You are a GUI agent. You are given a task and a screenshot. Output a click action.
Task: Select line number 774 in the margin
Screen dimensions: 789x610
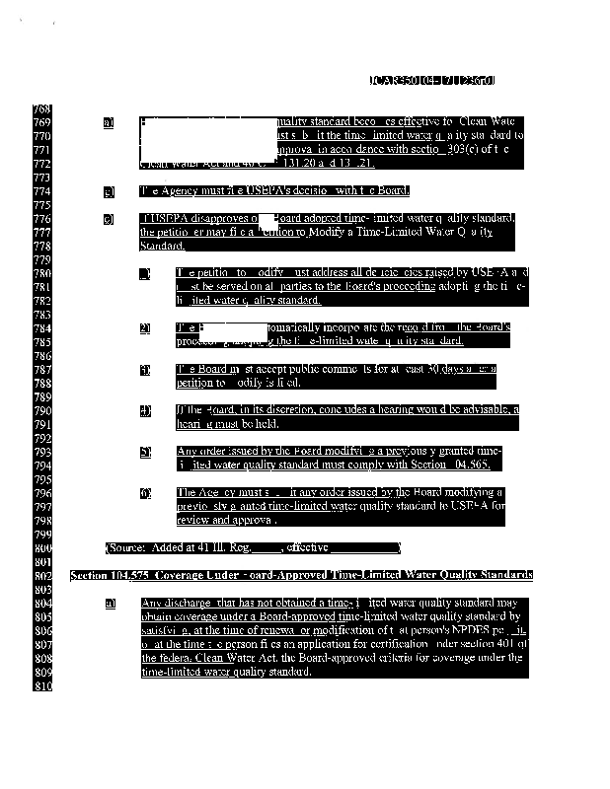[41, 190]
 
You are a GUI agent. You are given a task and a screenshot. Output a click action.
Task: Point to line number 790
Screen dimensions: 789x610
[41, 409]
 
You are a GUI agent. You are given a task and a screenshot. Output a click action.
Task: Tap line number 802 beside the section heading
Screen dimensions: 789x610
[41, 574]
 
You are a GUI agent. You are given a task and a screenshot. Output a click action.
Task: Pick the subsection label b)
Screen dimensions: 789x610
[109, 191]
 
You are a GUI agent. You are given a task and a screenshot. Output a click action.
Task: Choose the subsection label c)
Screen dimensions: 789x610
[109, 218]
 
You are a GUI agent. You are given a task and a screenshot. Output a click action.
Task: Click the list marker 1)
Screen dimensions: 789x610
[145, 273]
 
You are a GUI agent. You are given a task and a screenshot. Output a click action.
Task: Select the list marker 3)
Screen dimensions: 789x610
[145, 370]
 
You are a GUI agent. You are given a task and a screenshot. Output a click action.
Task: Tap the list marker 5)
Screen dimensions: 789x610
[145, 452]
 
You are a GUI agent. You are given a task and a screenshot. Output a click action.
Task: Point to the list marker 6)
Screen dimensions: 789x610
[145, 492]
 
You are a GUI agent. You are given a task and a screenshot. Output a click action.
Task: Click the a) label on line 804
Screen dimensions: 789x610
[109, 602]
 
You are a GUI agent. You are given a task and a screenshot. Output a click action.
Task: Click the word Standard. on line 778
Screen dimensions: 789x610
[158, 245]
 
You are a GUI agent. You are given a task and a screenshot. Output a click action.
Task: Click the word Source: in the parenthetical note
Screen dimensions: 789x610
[130, 547]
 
